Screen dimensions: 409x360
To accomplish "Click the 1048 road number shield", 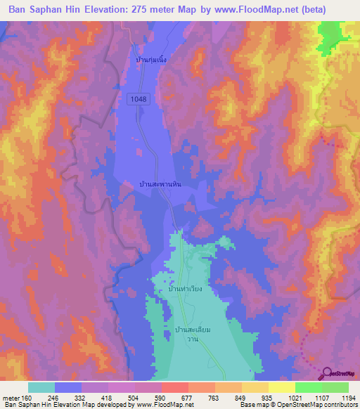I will coord(139,100).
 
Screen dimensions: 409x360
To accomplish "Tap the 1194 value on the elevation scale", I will coord(349,397).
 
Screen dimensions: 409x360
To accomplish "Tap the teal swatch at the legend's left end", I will coord(41,387).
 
